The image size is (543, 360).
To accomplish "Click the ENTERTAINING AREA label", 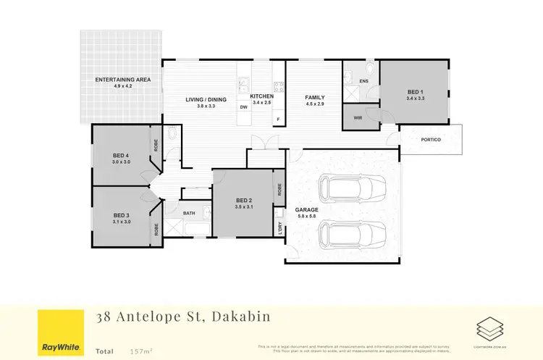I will [122, 79].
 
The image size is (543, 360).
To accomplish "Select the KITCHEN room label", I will [261, 96].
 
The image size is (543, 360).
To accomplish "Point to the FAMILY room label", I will [314, 97].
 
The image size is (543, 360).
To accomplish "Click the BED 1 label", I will [415, 91].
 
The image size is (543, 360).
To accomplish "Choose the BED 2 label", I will [243, 201].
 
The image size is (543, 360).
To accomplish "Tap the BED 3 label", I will [121, 215].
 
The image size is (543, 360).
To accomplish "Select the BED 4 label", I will [121, 156].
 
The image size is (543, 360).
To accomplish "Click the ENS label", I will [363, 81].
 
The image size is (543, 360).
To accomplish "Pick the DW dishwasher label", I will [244, 107].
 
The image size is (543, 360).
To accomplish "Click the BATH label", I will [189, 213].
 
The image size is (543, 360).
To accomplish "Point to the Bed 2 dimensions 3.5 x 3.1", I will [243, 208].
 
